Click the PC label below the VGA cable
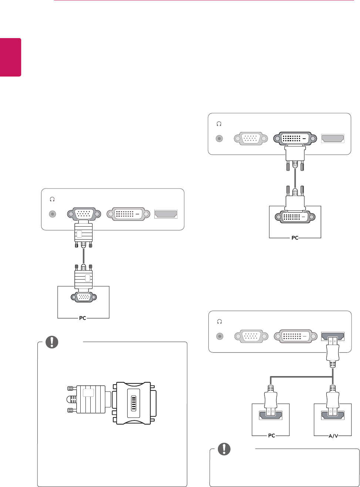coord(83,318)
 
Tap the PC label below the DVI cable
coord(295,238)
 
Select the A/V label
coord(333,436)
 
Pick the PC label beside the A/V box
coord(272,436)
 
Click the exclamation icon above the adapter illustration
coord(52,342)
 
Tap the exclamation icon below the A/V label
coord(224,449)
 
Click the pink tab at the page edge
coord(10,57)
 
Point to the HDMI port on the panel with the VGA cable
coord(166,214)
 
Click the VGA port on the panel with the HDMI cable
coord(251,336)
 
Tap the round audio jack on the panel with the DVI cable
coord(219,139)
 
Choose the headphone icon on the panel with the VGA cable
coord(52,199)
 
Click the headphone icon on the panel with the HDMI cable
coord(219,322)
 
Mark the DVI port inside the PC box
coord(295,217)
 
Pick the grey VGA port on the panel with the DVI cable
coord(251,139)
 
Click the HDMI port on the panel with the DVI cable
coord(333,139)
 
